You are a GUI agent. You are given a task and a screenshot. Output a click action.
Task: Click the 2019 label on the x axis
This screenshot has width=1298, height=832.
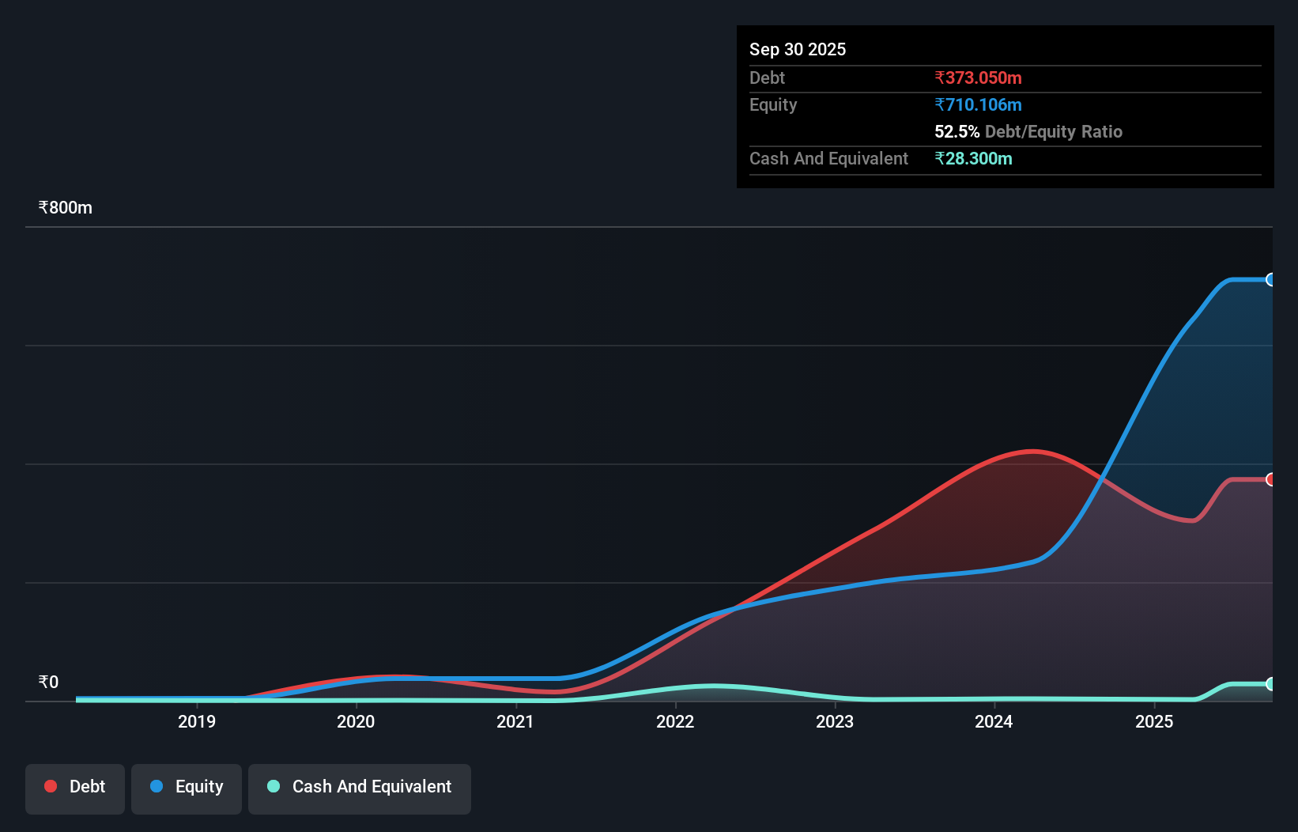click(x=196, y=721)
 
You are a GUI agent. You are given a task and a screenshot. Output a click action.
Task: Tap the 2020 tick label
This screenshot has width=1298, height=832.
click(x=356, y=721)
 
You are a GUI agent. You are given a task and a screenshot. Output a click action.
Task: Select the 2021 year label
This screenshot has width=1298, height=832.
click(x=515, y=721)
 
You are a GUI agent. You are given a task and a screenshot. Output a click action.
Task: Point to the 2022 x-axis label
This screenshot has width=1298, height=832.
click(x=675, y=721)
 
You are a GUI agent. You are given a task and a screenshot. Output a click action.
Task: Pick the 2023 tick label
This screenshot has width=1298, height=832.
click(x=835, y=721)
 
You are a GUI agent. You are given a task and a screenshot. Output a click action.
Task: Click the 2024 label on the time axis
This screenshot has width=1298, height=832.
click(x=994, y=721)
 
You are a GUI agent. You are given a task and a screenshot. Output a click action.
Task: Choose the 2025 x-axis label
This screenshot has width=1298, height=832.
click(x=1154, y=721)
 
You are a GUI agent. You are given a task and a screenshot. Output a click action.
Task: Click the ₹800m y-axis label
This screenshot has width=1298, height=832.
click(x=66, y=208)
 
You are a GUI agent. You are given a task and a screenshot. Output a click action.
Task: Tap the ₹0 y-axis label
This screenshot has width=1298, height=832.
click(x=49, y=683)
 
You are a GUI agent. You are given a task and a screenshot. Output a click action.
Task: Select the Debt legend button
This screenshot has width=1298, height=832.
click(x=75, y=787)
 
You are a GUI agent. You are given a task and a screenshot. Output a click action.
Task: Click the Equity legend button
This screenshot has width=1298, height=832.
click(x=187, y=787)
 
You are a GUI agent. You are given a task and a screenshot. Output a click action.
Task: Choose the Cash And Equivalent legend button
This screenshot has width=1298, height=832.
click(x=360, y=787)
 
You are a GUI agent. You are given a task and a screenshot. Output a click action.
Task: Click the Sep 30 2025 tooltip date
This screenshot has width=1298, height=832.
click(x=798, y=50)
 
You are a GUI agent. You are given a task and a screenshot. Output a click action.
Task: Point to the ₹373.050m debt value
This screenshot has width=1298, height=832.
click(x=978, y=78)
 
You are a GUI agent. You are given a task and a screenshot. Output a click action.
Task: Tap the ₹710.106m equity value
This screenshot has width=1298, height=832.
click(x=978, y=105)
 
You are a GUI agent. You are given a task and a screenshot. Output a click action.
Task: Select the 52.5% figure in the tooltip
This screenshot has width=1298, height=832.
click(x=957, y=132)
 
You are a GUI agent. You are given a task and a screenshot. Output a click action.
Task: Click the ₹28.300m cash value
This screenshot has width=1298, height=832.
click(x=973, y=159)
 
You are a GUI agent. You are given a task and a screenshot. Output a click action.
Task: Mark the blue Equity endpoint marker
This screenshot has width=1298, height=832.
click(x=1270, y=280)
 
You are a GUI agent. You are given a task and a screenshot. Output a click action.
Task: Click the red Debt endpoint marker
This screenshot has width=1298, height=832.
click(x=1270, y=479)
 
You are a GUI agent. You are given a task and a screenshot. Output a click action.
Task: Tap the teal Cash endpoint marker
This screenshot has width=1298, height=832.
click(x=1270, y=684)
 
